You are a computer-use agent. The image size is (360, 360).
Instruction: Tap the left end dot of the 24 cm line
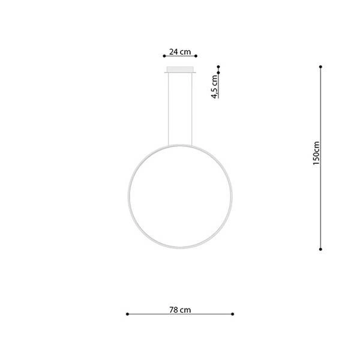(164, 58)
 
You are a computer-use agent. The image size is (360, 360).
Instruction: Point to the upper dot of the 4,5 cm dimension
(219, 67)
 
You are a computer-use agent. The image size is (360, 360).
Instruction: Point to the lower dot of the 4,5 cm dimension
(219, 73)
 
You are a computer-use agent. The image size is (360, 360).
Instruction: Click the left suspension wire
(169, 108)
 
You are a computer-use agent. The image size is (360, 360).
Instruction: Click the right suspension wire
(192, 108)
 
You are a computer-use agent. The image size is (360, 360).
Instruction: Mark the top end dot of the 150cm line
(321, 67)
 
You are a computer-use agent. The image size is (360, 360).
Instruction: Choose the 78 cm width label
(180, 310)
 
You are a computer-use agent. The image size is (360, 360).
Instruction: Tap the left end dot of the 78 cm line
(127, 314)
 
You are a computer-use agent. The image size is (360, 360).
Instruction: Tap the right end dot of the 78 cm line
(233, 314)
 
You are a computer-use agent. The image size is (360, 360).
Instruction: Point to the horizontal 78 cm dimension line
(180, 314)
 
